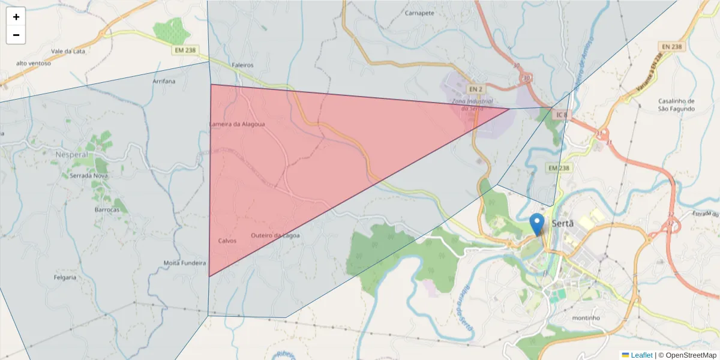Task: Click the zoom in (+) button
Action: point(16,17)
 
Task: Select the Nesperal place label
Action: point(71,155)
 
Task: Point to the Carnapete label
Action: point(419,13)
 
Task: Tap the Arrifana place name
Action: point(164,81)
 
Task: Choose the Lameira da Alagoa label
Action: point(236,124)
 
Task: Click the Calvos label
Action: point(227,241)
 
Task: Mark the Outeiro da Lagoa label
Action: point(275,235)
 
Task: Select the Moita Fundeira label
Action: point(185,263)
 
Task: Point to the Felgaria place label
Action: point(65,277)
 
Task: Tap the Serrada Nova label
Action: point(89,176)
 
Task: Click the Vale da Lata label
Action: point(68,51)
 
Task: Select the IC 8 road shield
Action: point(559,114)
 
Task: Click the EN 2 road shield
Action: point(476,89)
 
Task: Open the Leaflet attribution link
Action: point(641,355)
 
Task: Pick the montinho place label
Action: point(586,317)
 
